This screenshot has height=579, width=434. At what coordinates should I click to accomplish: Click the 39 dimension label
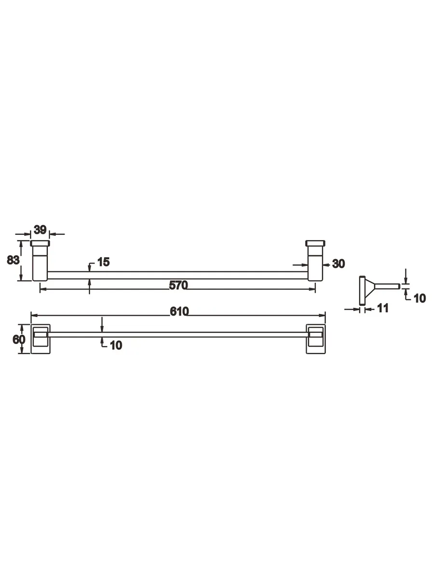coord(40,230)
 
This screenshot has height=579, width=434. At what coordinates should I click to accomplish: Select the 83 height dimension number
coord(13,260)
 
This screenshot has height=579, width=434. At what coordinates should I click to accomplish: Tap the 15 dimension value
coord(103,262)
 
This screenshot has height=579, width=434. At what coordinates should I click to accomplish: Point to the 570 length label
coord(178,286)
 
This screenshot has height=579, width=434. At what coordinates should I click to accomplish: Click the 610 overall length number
coord(179,312)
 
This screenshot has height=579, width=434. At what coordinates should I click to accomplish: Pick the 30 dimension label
coord(339,263)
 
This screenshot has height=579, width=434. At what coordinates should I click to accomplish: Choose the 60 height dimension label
coord(19,340)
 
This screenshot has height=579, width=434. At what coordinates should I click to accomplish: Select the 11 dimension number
coord(383,308)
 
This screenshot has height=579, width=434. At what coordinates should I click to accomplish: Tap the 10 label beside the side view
coord(420,298)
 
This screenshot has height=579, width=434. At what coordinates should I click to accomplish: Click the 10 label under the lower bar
coord(116,345)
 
